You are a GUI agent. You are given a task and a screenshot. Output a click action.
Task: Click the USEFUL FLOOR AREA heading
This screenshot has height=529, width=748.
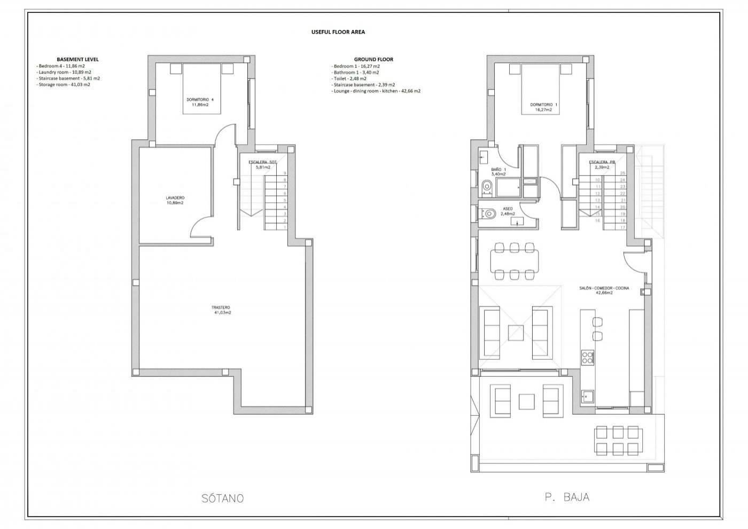(x=338, y=32)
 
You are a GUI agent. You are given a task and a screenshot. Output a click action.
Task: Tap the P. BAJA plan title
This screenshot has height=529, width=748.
(x=567, y=497)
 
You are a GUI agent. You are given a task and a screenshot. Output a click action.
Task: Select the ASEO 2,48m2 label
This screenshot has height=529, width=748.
(x=508, y=211)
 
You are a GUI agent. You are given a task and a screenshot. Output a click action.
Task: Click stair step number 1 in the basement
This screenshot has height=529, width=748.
(x=285, y=227)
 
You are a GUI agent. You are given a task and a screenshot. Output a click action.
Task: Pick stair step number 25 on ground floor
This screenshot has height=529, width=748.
(x=622, y=173)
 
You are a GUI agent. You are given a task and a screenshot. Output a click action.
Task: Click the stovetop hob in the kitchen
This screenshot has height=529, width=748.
(x=587, y=357)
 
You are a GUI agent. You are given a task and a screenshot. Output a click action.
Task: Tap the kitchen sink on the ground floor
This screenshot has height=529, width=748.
(x=588, y=397)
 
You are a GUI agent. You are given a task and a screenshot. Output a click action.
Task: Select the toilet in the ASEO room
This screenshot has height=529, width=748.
(x=487, y=214)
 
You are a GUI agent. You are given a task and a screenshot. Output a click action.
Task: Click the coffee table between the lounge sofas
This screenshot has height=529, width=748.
(x=516, y=333)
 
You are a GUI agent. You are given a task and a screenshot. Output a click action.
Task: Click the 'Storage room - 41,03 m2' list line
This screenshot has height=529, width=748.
(x=64, y=84)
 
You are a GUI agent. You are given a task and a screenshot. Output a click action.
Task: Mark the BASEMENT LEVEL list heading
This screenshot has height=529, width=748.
(x=77, y=59)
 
